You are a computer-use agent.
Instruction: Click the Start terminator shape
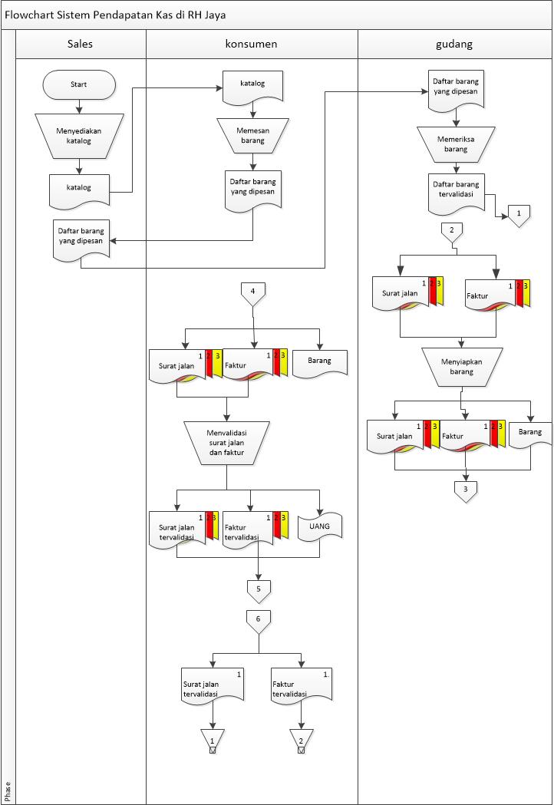pyautogui.click(x=79, y=84)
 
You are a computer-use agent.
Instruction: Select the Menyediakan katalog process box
pyautogui.click(x=78, y=135)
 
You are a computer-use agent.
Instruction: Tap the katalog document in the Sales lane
pyautogui.click(x=78, y=189)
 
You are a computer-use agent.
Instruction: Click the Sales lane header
pyautogui.click(x=81, y=44)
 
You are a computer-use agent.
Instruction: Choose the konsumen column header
pyautogui.click(x=252, y=44)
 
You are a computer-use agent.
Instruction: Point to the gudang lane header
pyautogui.click(x=455, y=44)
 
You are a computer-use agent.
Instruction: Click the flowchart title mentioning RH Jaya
pyautogui.click(x=115, y=15)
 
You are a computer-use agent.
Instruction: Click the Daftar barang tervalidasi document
pyautogui.click(x=457, y=190)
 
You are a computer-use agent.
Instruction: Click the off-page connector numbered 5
pyautogui.click(x=259, y=589)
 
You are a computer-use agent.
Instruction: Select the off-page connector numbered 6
pyautogui.click(x=259, y=620)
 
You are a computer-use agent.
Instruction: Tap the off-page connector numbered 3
pyautogui.click(x=465, y=490)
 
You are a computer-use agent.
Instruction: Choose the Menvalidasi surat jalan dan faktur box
pyautogui.click(x=226, y=443)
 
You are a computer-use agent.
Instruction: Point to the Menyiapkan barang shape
pyautogui.click(x=461, y=366)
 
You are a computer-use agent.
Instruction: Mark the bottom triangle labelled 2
pyautogui.click(x=301, y=741)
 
